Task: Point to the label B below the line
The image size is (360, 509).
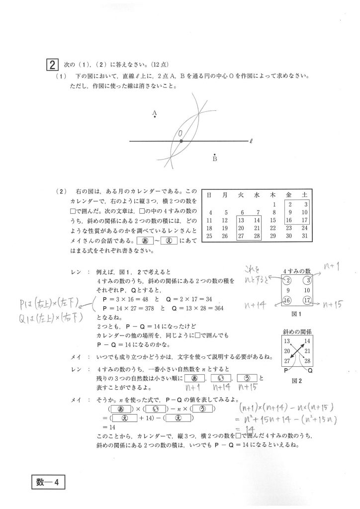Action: coord(215,159)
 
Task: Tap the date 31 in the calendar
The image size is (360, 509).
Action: coord(304,236)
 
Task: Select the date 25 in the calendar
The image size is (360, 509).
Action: coord(210,236)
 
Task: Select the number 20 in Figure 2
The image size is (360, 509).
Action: coord(286,351)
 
